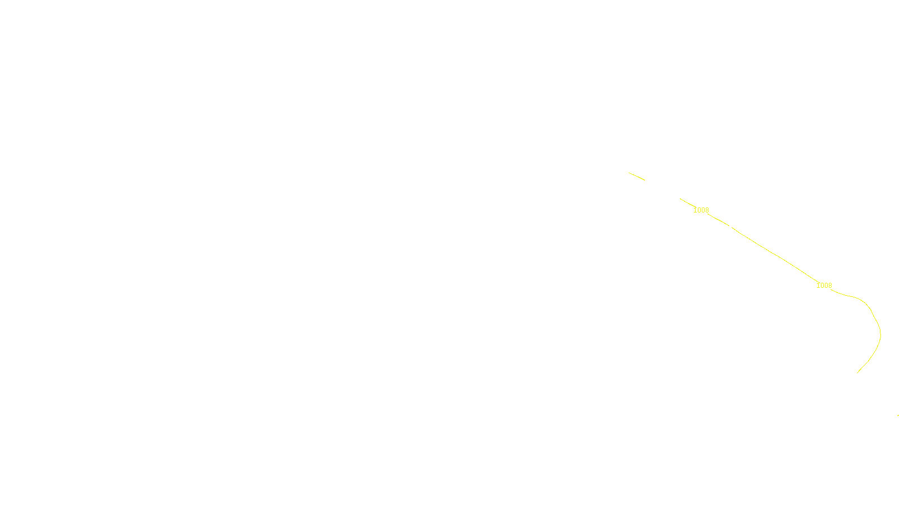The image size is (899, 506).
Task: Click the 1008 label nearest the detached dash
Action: [701, 210]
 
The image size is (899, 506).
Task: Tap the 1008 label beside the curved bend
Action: [824, 286]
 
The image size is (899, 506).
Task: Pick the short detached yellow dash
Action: [637, 177]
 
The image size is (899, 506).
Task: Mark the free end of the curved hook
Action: [857, 372]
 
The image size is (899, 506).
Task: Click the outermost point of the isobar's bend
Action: [880, 335]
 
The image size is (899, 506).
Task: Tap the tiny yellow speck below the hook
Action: [898, 415]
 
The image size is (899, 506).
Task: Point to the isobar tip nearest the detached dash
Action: [680, 198]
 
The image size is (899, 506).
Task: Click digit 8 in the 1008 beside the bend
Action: [830, 286]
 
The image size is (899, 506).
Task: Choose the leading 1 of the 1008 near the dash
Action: [695, 210]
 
